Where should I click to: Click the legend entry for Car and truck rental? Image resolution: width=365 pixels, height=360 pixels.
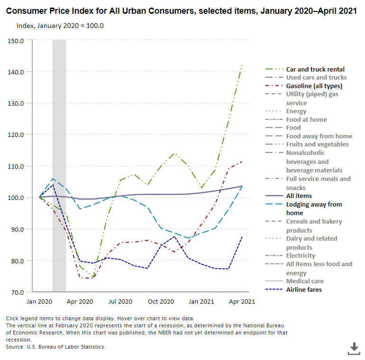[315, 69]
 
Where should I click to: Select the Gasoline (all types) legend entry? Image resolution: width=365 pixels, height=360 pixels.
[314, 86]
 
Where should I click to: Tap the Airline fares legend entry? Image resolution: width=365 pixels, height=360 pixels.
[304, 289]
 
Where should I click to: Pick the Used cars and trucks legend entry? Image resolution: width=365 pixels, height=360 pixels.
[316, 77]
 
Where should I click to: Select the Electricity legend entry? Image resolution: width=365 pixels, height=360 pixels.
[301, 255]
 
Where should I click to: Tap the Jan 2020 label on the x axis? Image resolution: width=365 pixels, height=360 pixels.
[39, 301]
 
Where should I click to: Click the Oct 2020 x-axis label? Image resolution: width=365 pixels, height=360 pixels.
[161, 301]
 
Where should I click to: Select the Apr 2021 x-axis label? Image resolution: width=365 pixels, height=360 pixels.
[242, 301]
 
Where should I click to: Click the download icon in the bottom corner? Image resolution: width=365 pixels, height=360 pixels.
[354, 349]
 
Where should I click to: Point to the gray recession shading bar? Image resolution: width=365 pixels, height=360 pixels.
[59, 142]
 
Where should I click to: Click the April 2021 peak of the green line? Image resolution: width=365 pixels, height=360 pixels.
[242, 64]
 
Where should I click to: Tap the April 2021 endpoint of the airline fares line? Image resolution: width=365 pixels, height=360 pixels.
[242, 236]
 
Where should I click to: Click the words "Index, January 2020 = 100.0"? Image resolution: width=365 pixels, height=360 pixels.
[60, 25]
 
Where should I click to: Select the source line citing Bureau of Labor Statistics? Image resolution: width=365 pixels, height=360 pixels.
[56, 347]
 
